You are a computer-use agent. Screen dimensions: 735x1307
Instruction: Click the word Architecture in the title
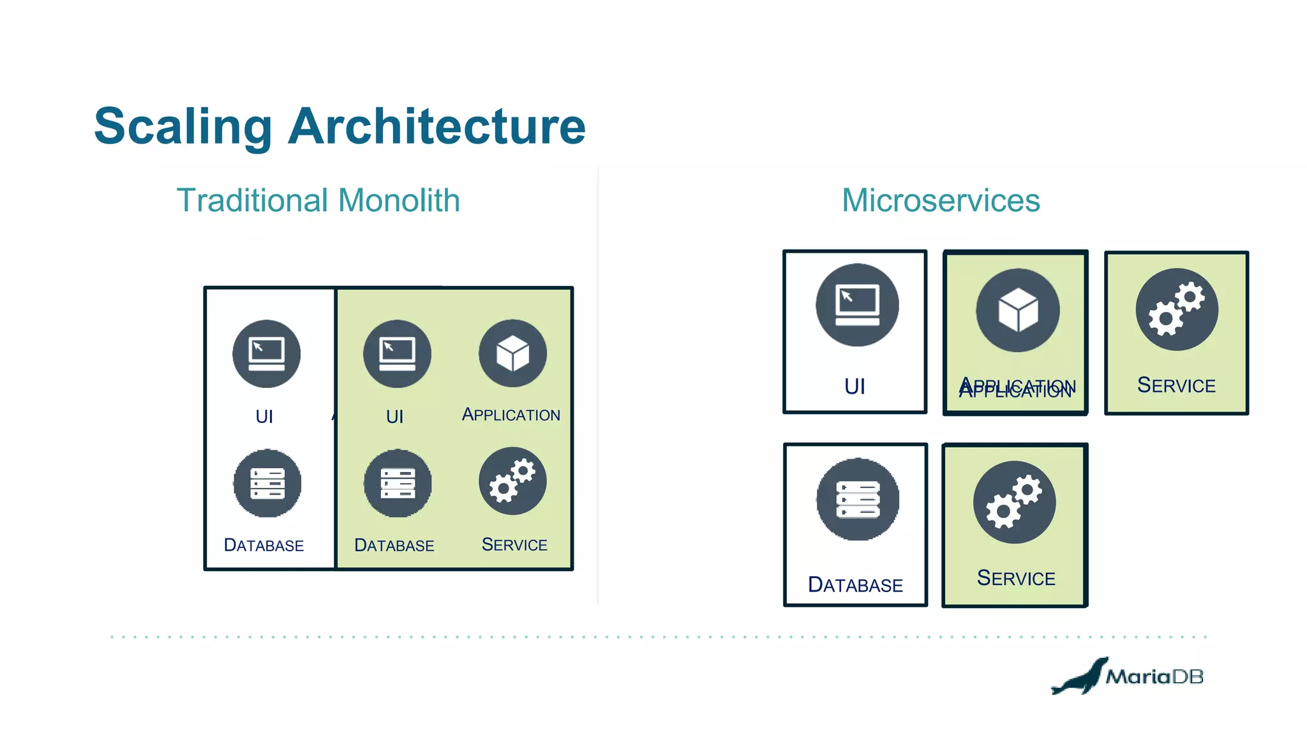(x=437, y=126)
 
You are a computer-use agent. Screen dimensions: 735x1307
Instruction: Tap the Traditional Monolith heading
(x=318, y=200)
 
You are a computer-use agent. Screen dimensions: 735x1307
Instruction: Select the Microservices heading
(x=941, y=200)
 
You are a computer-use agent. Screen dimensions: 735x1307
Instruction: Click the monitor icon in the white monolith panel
(x=266, y=354)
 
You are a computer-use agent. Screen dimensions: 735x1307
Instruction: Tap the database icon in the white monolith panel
(x=267, y=483)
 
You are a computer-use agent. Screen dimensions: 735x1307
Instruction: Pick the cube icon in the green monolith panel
(x=512, y=353)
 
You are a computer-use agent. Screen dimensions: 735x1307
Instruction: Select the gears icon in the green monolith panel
(x=512, y=481)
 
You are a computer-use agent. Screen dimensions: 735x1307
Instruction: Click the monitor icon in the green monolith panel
(x=397, y=354)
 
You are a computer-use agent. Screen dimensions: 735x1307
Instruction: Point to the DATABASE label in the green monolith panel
(x=394, y=546)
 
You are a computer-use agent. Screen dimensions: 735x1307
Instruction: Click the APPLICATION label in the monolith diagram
(x=511, y=415)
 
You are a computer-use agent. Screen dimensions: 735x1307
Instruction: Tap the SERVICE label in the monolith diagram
(x=514, y=545)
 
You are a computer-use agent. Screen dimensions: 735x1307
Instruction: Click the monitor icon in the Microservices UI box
(x=857, y=305)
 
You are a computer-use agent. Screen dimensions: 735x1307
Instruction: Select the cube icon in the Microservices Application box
(x=1017, y=310)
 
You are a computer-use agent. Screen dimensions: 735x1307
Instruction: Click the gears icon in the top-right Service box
(x=1177, y=309)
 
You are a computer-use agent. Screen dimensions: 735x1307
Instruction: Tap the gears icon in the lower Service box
(x=1014, y=502)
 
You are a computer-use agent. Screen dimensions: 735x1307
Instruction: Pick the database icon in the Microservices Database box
(x=858, y=499)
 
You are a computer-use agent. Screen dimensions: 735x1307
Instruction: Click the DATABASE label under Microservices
(x=855, y=585)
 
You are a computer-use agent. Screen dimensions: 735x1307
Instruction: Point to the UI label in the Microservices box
(x=855, y=387)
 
